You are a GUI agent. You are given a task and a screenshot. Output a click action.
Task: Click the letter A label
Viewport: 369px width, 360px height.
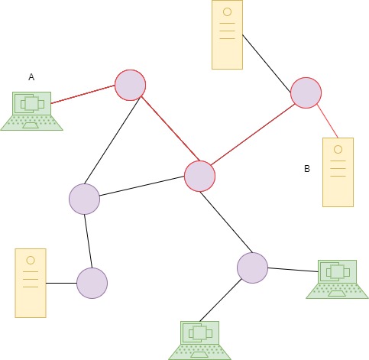click(x=31, y=77)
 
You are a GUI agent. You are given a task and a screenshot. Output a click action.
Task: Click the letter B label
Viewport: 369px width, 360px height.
click(x=307, y=169)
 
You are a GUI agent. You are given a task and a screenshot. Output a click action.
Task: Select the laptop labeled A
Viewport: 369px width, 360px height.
click(x=31, y=112)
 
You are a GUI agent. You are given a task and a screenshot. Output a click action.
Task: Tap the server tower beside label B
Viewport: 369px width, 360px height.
click(x=338, y=172)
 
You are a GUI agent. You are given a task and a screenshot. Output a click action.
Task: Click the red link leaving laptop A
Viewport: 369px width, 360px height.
click(x=83, y=95)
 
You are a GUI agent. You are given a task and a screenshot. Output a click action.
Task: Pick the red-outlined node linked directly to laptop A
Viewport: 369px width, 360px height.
click(x=130, y=85)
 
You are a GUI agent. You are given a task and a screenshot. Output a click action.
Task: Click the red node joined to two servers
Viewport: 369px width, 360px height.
click(x=306, y=92)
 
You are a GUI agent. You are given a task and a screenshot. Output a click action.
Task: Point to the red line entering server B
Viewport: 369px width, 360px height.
click(x=328, y=121)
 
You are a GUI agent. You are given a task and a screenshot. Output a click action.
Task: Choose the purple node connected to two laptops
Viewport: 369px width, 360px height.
click(x=252, y=268)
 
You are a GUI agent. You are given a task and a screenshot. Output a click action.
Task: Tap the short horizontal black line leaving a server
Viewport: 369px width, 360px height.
click(x=61, y=283)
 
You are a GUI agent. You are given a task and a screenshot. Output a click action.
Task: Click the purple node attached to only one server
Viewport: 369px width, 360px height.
click(x=92, y=283)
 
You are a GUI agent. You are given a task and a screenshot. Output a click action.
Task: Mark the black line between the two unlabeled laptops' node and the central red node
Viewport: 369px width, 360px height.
click(x=226, y=222)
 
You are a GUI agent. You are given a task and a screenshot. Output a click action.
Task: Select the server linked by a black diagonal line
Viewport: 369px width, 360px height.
click(x=227, y=34)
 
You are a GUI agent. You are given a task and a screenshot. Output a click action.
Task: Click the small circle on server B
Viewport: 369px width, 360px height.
click(x=338, y=150)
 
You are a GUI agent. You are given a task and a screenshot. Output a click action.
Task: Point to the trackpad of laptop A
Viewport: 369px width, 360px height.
click(x=31, y=125)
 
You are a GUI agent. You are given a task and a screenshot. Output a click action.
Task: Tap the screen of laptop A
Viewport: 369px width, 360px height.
click(x=32, y=103)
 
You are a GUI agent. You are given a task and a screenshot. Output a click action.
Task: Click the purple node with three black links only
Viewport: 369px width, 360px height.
click(x=84, y=199)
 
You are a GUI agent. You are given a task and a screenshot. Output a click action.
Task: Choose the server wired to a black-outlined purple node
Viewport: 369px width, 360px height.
click(x=31, y=283)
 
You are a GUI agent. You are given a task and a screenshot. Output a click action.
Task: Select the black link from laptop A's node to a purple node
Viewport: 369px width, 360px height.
click(x=112, y=141)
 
